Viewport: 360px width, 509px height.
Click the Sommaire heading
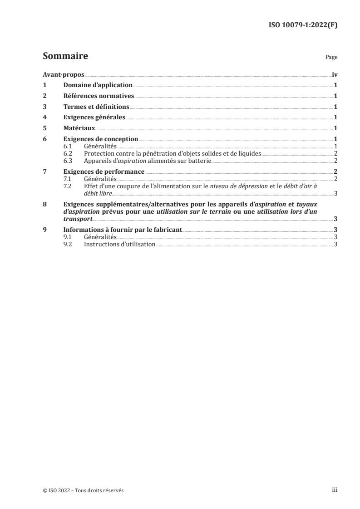[65, 56]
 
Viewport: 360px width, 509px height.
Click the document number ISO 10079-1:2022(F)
[304, 25]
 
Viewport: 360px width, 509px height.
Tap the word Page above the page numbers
[331, 58]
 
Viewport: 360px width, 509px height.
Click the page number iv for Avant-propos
[335, 74]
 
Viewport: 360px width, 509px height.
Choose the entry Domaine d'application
[98, 85]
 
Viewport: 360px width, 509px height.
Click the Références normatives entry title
[99, 96]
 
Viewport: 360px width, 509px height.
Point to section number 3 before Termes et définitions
[44, 107]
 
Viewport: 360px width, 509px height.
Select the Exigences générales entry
[94, 117]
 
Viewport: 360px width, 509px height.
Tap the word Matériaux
[79, 128]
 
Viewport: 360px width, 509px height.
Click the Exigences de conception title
[100, 139]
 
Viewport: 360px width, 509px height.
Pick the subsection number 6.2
[68, 154]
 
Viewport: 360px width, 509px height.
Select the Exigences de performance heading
[104, 171]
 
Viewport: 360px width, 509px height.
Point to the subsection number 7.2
[68, 186]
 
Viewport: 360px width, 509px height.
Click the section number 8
[44, 204]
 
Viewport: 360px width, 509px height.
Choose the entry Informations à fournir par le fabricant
[123, 230]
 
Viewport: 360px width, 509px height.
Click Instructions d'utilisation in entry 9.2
[119, 244]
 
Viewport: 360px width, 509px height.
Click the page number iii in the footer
[335, 490]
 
